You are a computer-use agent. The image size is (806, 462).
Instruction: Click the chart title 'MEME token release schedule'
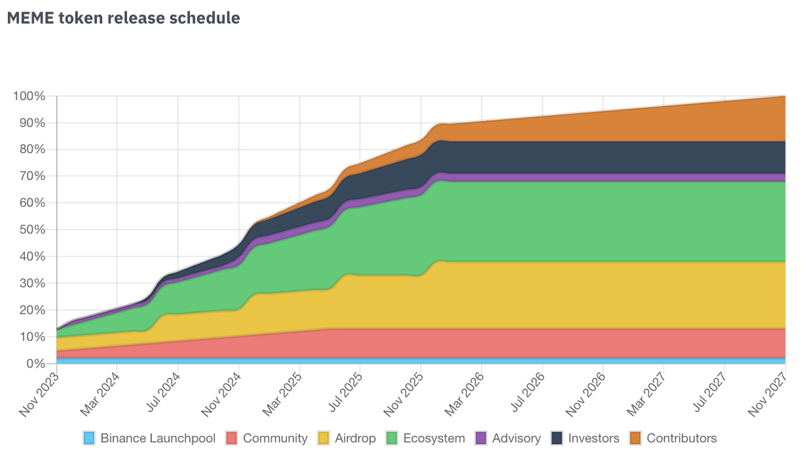[x=123, y=18]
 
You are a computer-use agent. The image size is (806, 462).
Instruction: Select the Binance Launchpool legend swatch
[x=89, y=438]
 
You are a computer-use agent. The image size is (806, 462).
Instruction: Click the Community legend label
[x=275, y=438]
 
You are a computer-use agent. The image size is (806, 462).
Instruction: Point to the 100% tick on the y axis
[x=29, y=96]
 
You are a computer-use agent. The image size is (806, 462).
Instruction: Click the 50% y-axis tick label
[x=32, y=230]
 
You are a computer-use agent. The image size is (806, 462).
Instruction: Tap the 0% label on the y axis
[x=35, y=363]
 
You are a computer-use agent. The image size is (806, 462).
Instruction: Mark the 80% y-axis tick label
[x=32, y=150]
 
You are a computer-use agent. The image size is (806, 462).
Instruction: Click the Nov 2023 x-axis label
[x=40, y=393]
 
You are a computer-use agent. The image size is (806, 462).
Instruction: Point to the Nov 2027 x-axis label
[x=770, y=393]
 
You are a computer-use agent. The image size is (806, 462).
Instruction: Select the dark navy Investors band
[x=672, y=157]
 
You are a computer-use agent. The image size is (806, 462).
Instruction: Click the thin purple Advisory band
[x=672, y=177]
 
